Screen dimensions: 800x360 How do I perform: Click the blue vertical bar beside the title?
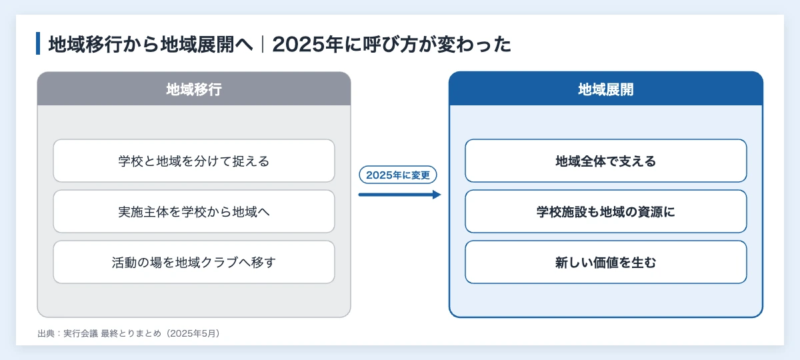click(38, 43)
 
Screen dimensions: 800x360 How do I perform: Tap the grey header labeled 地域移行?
click(194, 89)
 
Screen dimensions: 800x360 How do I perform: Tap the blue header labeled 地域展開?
click(606, 89)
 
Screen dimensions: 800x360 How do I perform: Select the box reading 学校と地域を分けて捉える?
click(194, 161)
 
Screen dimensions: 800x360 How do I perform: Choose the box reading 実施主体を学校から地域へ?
click(194, 211)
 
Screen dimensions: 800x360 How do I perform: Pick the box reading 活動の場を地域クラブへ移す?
click(194, 262)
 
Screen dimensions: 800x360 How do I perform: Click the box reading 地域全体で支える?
click(606, 161)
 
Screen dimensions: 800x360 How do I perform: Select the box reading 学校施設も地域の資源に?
click(606, 211)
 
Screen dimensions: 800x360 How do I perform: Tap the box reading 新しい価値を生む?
click(606, 262)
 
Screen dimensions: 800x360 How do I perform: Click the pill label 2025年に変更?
click(398, 175)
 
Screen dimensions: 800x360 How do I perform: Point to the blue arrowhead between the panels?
click(437, 195)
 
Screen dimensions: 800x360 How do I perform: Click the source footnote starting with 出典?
click(129, 333)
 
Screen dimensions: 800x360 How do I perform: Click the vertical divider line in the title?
click(263, 44)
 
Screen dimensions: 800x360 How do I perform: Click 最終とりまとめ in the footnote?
click(131, 333)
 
